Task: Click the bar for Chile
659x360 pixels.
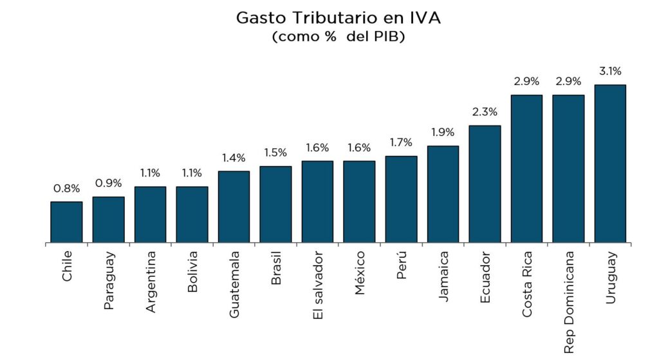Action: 66,222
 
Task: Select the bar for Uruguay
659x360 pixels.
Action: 610,164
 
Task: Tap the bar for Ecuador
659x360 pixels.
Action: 485,184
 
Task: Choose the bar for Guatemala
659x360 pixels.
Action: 234,207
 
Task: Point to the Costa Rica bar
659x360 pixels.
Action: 526,169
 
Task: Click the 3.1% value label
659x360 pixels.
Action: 610,71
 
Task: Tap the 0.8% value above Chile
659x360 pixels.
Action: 66,189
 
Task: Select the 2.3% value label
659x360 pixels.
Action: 485,112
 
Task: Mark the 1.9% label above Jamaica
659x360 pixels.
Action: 443,133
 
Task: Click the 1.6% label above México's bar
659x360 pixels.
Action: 359,147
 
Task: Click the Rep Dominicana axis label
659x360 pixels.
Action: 568,302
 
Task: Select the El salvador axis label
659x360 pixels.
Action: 317,288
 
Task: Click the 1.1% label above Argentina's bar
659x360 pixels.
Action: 150,173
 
